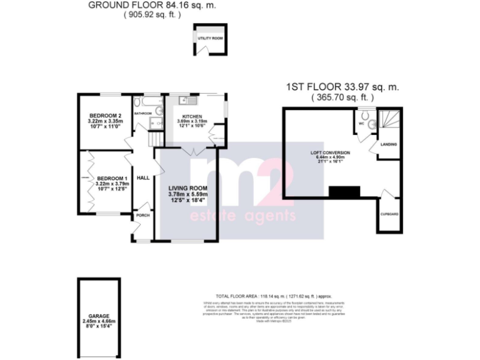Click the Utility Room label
pyautogui.click(x=211, y=39)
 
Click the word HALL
pyautogui.click(x=143, y=178)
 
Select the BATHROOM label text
pyautogui.click(x=142, y=113)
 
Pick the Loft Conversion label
pyautogui.click(x=330, y=152)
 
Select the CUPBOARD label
pyautogui.click(x=389, y=214)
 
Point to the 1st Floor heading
pyautogui.click(x=342, y=87)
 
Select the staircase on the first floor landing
pyautogui.click(x=392, y=118)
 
